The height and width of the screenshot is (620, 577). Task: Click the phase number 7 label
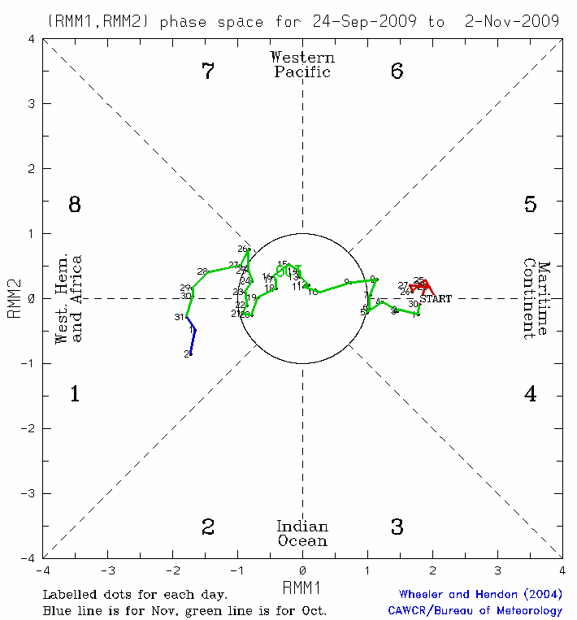(x=208, y=72)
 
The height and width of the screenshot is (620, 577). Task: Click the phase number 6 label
(x=397, y=72)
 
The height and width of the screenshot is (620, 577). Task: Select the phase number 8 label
(x=75, y=205)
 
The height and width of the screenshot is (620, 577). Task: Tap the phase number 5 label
(x=530, y=205)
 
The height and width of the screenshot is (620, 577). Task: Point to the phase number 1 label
(x=75, y=395)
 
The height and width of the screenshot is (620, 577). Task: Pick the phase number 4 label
(x=530, y=395)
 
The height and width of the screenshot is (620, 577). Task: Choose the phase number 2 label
(x=208, y=527)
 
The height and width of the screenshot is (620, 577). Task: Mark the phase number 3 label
(x=397, y=527)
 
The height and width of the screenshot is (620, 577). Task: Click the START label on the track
(x=436, y=299)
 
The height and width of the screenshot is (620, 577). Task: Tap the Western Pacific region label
(x=302, y=64)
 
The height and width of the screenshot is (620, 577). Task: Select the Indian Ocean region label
(x=302, y=533)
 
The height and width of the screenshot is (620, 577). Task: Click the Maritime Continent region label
(x=536, y=299)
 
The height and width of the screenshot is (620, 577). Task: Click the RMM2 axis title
(x=14, y=299)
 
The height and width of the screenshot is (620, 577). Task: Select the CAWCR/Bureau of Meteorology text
(x=475, y=610)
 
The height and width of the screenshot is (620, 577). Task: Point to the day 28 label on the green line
(x=202, y=271)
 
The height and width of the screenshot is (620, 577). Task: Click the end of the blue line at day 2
(x=189, y=354)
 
